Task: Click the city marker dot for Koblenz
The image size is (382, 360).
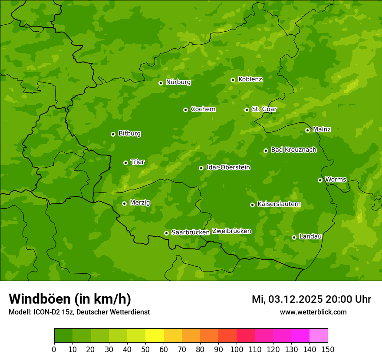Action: click(x=233, y=80)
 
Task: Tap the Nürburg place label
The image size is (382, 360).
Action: click(x=178, y=82)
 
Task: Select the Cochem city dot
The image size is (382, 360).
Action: click(x=185, y=110)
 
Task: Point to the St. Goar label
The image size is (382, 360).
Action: click(x=264, y=109)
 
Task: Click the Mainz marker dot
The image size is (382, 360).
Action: click(x=307, y=130)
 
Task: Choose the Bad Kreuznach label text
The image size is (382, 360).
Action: click(x=293, y=150)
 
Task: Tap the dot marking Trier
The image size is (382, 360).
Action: click(x=125, y=163)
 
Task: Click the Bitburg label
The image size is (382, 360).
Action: click(x=129, y=134)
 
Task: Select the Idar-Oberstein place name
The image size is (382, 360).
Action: click(x=228, y=167)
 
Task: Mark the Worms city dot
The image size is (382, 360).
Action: click(x=320, y=180)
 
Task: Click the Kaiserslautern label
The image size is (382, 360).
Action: click(x=279, y=204)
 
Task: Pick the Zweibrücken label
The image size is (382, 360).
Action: click(x=231, y=231)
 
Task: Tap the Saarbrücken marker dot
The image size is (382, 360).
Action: click(x=166, y=233)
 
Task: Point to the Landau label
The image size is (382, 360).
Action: click(x=310, y=237)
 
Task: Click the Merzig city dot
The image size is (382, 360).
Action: click(x=124, y=203)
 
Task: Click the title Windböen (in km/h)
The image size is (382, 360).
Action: click(x=70, y=299)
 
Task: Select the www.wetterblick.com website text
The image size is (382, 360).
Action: click(x=313, y=312)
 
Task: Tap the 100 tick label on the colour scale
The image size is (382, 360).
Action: click(x=237, y=349)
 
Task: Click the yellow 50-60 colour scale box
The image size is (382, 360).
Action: click(x=155, y=336)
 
